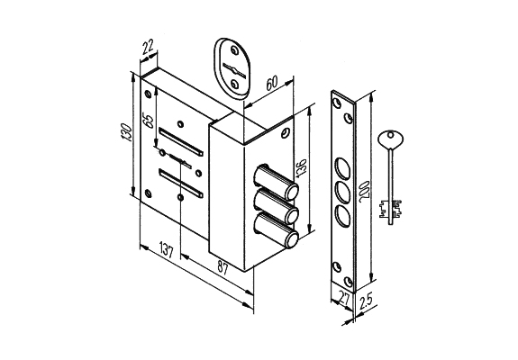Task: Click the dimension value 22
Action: click(149, 47)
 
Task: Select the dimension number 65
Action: click(149, 121)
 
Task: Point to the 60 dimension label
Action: click(271, 83)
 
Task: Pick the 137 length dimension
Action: click(167, 250)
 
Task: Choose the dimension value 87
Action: click(223, 268)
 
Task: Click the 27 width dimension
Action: click(344, 299)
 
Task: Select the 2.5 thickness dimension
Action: click(366, 301)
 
